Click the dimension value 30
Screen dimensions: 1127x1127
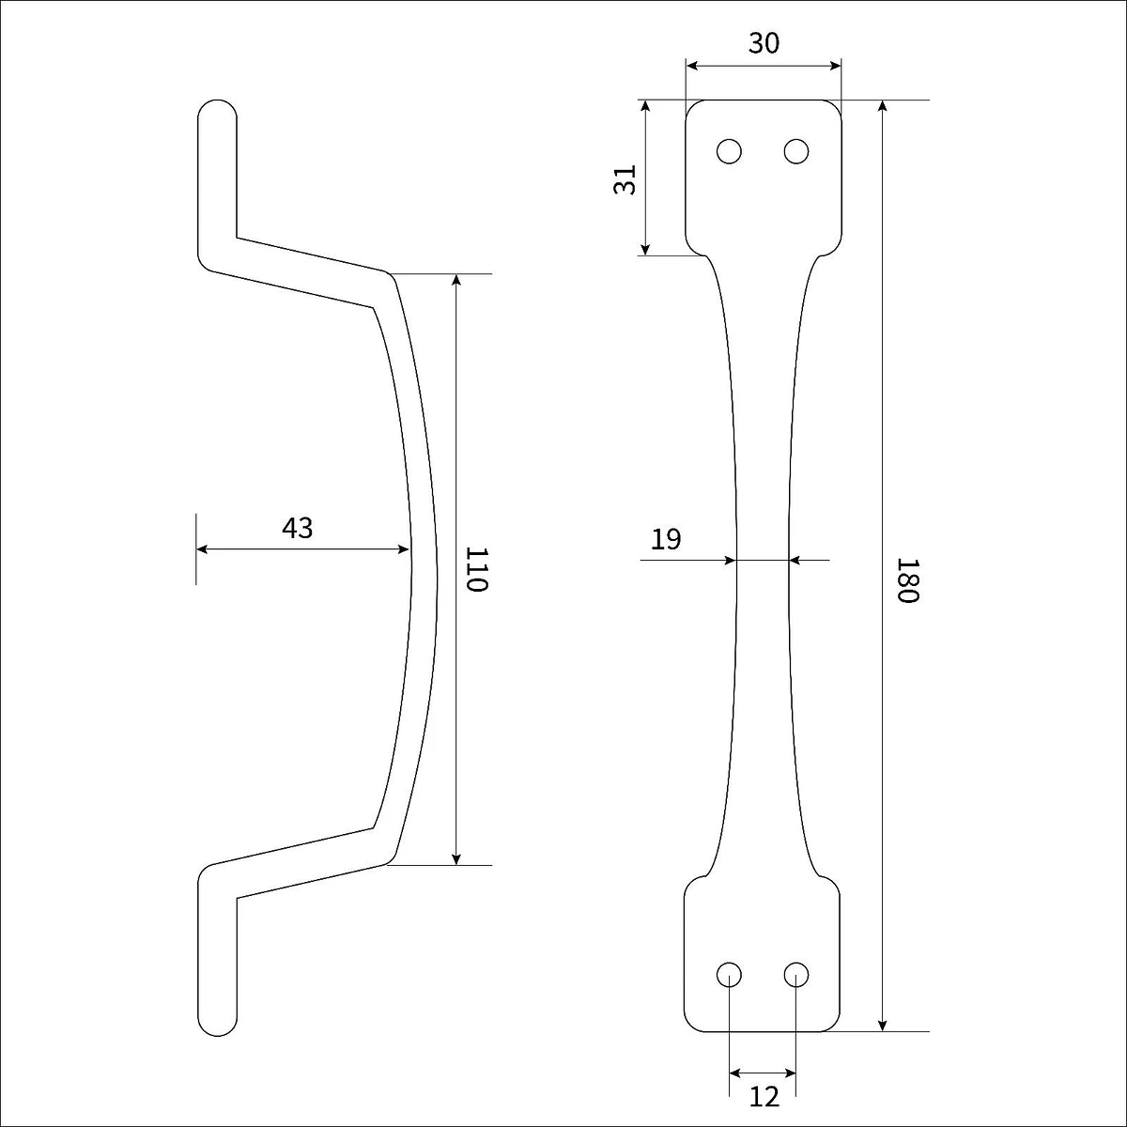764,43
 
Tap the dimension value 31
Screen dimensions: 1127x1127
625,179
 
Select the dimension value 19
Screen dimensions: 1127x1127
666,539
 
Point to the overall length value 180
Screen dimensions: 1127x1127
909,580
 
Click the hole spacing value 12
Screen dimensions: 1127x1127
764,1097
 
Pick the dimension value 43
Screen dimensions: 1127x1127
297,528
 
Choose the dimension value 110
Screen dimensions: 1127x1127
477,569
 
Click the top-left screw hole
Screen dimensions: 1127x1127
730,151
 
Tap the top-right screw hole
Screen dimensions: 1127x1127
796,151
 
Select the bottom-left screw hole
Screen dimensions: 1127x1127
730,974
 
